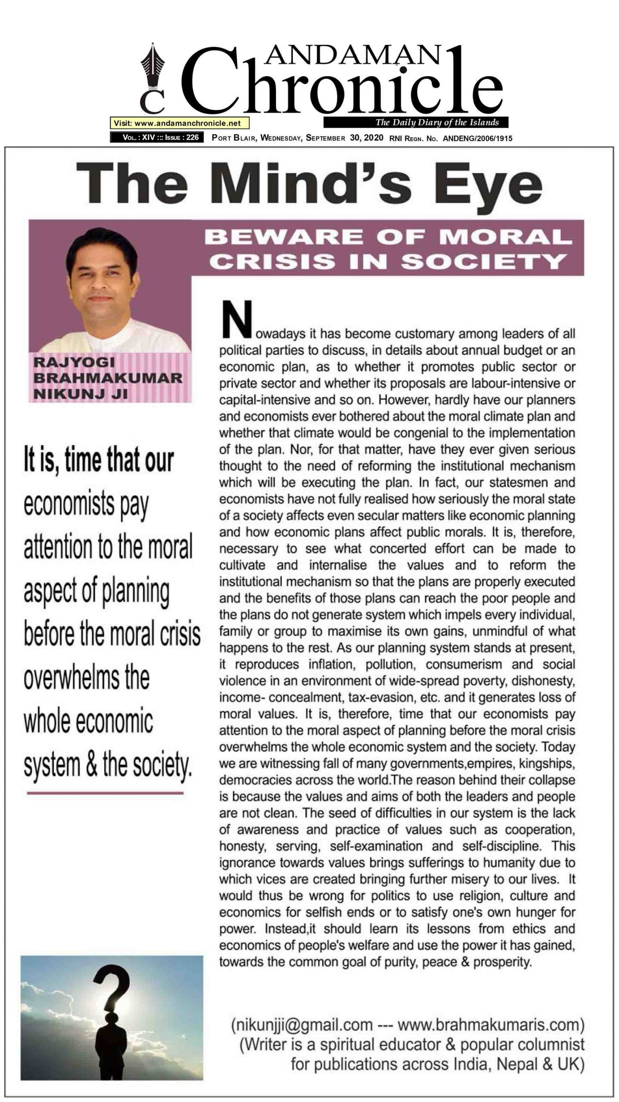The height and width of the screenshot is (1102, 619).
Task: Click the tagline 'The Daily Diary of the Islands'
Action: click(437, 122)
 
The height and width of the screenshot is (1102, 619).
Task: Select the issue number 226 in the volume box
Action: click(192, 138)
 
